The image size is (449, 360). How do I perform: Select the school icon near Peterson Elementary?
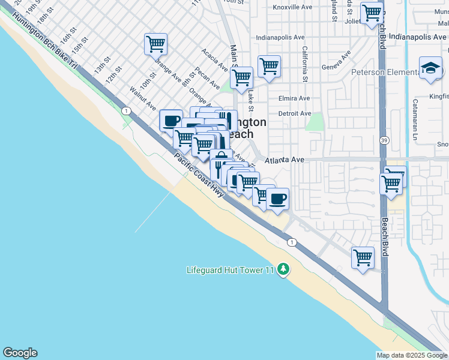tap(430, 68)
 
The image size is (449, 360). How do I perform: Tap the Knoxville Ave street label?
tap(294, 7)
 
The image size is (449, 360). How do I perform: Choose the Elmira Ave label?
tap(294, 98)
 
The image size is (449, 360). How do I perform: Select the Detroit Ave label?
tap(295, 113)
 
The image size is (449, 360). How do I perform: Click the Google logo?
tap(20, 353)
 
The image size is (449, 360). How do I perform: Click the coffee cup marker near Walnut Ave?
tap(171, 120)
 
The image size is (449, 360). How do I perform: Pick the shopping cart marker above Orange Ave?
tap(155, 44)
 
